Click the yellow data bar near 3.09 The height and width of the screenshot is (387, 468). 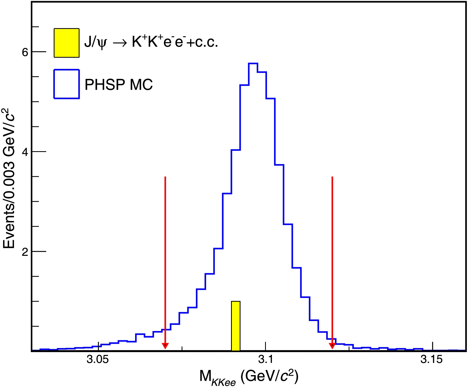pyautogui.click(x=236, y=326)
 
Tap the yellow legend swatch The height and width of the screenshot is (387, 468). pyautogui.click(x=66, y=43)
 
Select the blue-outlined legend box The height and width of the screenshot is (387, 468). pyautogui.click(x=66, y=84)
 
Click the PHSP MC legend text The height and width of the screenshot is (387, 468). pyautogui.click(x=119, y=85)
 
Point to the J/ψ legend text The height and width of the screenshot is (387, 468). pyautogui.click(x=151, y=42)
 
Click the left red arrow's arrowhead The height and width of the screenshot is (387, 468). pyautogui.click(x=165, y=346)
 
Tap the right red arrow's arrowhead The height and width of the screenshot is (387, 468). pyautogui.click(x=332, y=346)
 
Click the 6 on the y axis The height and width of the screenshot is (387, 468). pyautogui.click(x=25, y=52)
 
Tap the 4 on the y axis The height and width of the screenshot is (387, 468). pyautogui.click(x=25, y=152)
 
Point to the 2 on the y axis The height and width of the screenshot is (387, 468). pyautogui.click(x=25, y=252)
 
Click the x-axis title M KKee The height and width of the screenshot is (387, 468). pyautogui.click(x=249, y=377)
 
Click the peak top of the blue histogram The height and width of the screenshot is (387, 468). pyautogui.click(x=253, y=64)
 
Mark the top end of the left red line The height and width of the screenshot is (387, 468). pyautogui.click(x=165, y=177)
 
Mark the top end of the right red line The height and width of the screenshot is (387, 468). pyautogui.click(x=332, y=177)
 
